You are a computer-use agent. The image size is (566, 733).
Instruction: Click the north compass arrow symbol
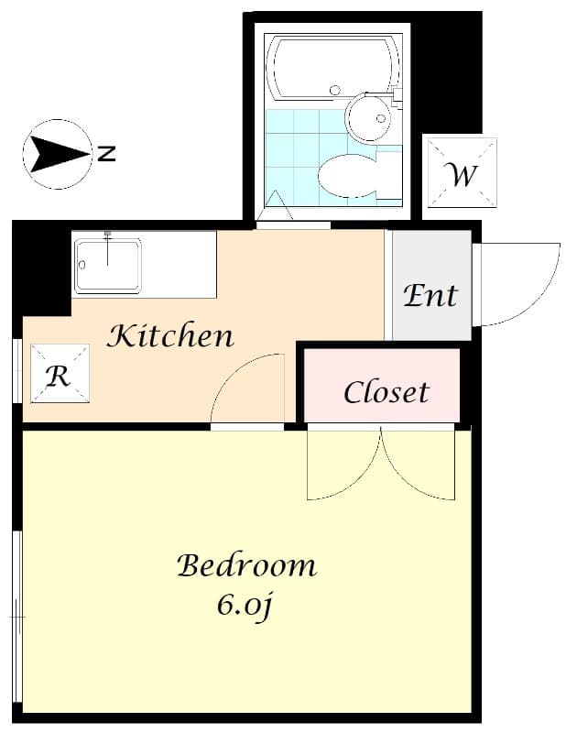[x=57, y=154]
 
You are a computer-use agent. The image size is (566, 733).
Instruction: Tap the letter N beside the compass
[x=107, y=154]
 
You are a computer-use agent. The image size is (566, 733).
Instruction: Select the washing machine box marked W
[x=462, y=172]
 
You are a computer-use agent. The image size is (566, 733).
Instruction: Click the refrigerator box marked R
[x=60, y=374]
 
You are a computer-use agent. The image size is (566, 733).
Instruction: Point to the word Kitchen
[x=170, y=336]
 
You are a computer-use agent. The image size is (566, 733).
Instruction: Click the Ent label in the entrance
[x=430, y=295]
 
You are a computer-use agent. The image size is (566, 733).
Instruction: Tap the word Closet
[x=386, y=392]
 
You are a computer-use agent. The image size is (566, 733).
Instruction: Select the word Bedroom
[x=246, y=565]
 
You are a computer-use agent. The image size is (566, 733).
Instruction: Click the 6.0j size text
[x=245, y=605]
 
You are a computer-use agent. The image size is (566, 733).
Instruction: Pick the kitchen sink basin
[x=108, y=266]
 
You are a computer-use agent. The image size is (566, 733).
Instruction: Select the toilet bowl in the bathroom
[x=348, y=175]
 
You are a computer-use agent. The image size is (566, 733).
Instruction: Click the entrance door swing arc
[x=518, y=285]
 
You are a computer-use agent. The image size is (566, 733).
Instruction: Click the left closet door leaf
[x=343, y=465]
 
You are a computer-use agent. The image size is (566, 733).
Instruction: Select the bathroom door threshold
[x=293, y=224]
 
